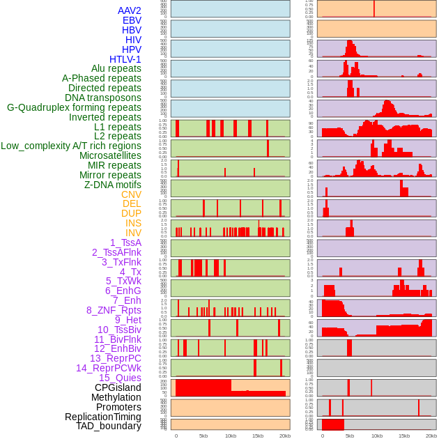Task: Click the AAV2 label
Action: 130,10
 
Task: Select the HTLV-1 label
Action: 125,59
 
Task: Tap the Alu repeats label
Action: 116,68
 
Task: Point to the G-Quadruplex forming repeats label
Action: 74,107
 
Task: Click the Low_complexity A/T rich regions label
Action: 71,146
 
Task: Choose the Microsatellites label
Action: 110,155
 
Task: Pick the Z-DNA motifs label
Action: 113,185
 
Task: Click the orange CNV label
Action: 131,194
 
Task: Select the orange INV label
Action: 133,233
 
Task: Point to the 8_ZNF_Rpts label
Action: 114,310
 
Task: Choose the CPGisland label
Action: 118,387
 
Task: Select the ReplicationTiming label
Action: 103,417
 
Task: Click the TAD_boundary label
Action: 109,426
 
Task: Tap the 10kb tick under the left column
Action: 231,436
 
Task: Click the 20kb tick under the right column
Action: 431,436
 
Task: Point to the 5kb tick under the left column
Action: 203,436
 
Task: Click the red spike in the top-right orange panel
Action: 374,8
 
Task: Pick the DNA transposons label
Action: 103,98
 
